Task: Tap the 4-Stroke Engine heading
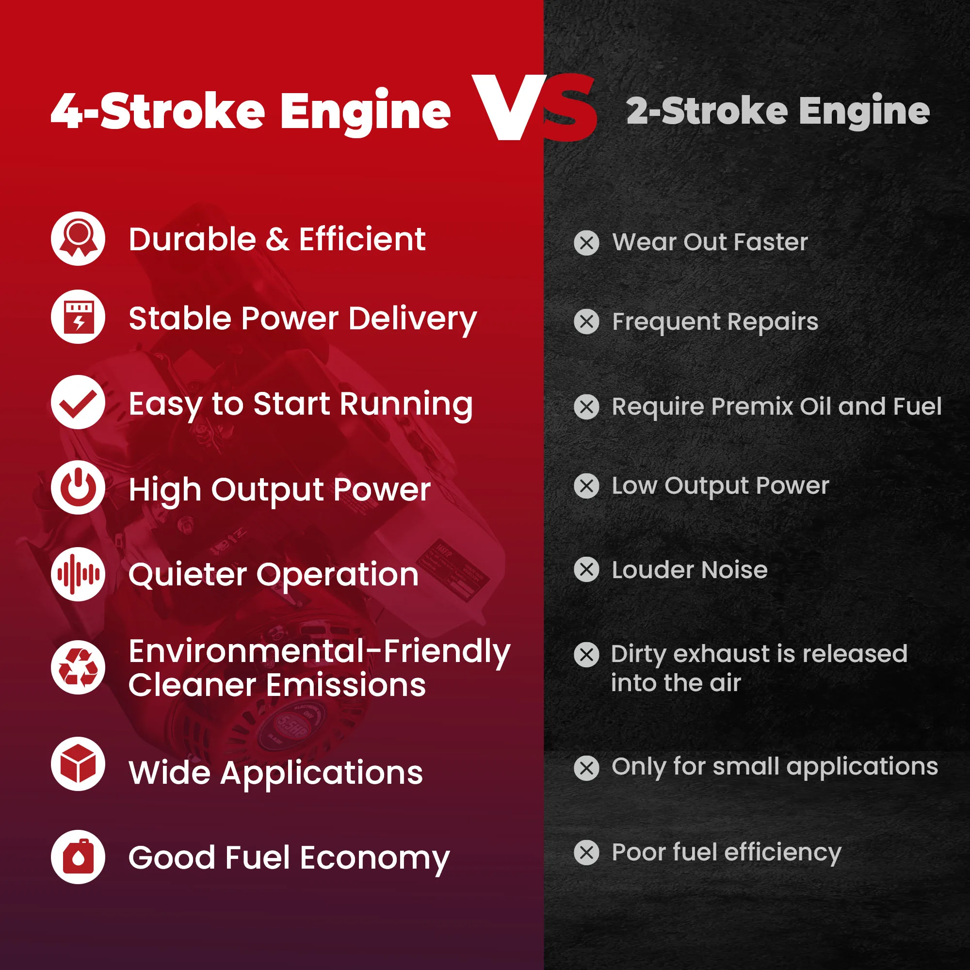[251, 112]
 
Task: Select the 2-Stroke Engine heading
[778, 111]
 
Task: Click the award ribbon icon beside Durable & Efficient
[78, 239]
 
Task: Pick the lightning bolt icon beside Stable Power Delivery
[78, 317]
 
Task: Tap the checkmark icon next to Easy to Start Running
[78, 402]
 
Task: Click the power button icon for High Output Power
[78, 487]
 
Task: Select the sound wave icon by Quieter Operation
[78, 574]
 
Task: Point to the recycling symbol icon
[78, 667]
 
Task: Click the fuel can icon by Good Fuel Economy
[78, 857]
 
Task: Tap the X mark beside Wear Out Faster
[586, 243]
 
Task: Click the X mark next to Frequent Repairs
[586, 322]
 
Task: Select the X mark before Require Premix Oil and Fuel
[586, 407]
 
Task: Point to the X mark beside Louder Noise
[586, 570]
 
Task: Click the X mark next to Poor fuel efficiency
[586, 853]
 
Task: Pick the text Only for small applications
[775, 768]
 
